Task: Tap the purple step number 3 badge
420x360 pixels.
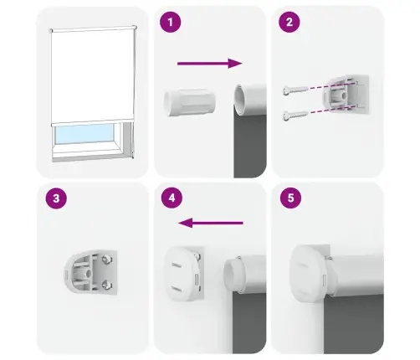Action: coord(54,199)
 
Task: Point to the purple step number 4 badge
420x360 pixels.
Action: coord(172,199)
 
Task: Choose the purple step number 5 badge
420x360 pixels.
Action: coord(289,199)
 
